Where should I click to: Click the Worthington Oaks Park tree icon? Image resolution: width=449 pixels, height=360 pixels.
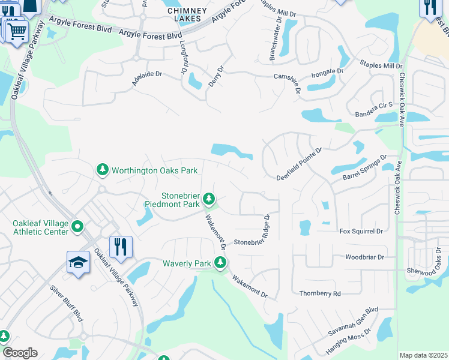103,170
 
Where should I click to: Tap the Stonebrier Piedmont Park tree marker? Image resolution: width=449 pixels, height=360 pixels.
209,197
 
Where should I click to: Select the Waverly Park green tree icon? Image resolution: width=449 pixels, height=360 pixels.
221,262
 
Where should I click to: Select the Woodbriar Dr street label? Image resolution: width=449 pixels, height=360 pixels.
364,257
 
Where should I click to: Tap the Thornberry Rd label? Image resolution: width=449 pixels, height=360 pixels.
320,293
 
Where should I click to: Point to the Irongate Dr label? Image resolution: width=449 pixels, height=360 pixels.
327,71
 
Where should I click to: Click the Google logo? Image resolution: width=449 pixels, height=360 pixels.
20,353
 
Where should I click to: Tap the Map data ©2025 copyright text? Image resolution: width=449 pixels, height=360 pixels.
423,355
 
